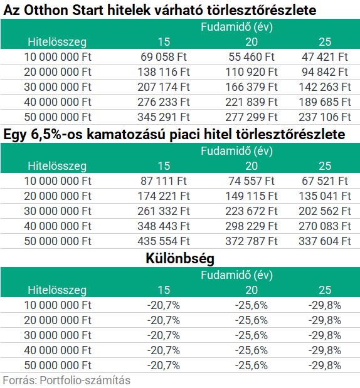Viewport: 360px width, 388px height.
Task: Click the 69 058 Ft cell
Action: coord(164,57)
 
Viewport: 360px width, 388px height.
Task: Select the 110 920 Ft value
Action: coord(251,72)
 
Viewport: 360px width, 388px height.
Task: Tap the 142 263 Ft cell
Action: coord(325,87)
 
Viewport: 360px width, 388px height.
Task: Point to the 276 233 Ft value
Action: coord(164,102)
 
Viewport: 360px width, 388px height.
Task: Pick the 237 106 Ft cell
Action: coord(325,117)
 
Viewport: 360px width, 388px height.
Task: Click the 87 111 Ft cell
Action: coord(164,181)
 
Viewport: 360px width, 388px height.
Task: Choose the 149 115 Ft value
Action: coord(251,196)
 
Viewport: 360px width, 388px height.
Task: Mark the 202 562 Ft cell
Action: coord(325,211)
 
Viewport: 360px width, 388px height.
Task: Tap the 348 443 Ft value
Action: coord(164,226)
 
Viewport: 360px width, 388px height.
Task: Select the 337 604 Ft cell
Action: coord(325,241)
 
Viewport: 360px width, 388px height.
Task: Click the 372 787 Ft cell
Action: coord(251,241)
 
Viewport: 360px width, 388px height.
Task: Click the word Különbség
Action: coord(180,259)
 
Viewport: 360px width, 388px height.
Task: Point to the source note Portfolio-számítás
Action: coord(85,380)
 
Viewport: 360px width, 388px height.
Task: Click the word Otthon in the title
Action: coord(46,11)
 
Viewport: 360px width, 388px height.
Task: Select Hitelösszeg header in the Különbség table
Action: coord(57,290)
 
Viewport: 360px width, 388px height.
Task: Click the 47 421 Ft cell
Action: coord(325,57)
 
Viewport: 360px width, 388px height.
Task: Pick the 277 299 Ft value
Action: coord(251,117)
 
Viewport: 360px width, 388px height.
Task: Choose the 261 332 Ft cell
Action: coord(164,211)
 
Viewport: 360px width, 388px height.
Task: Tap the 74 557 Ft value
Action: coord(251,181)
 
